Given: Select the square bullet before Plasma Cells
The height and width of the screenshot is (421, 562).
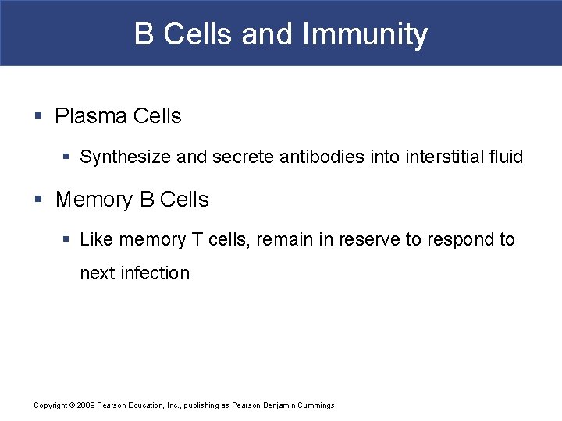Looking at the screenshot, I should [x=38, y=117].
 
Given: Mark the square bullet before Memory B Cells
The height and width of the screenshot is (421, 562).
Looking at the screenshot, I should [x=38, y=200].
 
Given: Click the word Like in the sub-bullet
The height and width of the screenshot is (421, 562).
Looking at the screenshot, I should [x=96, y=240].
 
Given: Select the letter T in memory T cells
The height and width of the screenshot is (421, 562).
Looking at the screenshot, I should [x=195, y=240].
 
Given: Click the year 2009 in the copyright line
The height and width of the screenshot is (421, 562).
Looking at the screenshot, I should [x=86, y=405].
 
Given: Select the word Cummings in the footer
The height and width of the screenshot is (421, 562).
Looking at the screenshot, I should [x=313, y=405].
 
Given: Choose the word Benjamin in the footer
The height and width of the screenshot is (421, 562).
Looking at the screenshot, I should [x=270, y=405].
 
